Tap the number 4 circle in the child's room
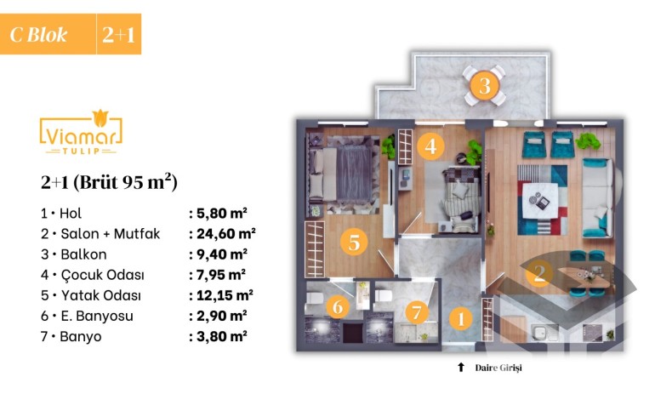(x=430, y=146)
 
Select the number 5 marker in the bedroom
(x=354, y=242)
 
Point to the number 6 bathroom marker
(x=338, y=306)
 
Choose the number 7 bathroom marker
(x=417, y=312)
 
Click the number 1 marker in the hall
(x=461, y=319)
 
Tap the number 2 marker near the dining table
(x=539, y=273)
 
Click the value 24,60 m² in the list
(x=226, y=233)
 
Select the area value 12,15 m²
(x=225, y=295)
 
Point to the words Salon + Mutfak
(x=111, y=233)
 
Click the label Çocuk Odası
(x=103, y=275)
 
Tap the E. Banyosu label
(x=97, y=316)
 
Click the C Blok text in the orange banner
(x=38, y=35)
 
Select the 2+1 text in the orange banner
(x=118, y=35)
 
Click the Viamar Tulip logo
(x=81, y=132)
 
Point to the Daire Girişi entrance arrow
(x=461, y=367)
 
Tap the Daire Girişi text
(x=498, y=368)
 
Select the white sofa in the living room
(x=598, y=197)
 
